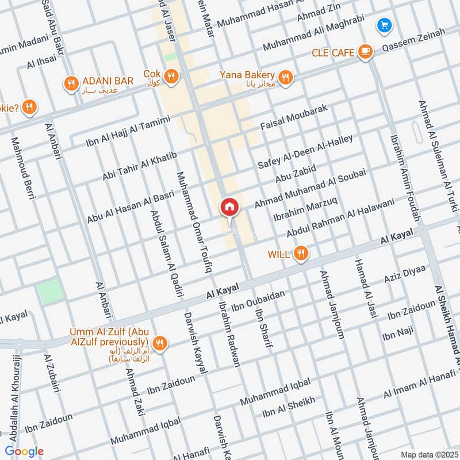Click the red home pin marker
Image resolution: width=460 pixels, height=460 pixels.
point(229,208)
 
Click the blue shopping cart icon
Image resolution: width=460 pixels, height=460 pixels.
point(384,25)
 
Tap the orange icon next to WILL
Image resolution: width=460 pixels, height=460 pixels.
point(300,254)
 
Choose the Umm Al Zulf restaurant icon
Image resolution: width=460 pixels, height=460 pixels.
point(160,343)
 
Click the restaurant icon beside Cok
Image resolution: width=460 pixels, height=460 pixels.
point(171,75)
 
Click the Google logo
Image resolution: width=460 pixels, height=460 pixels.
point(24,451)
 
